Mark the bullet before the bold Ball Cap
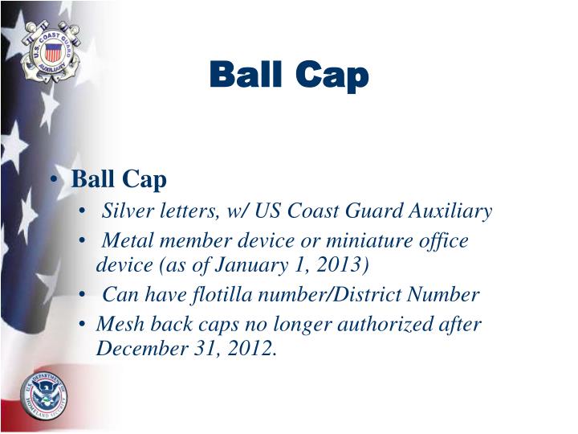(x=59, y=179)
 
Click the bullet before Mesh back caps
(x=85, y=325)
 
